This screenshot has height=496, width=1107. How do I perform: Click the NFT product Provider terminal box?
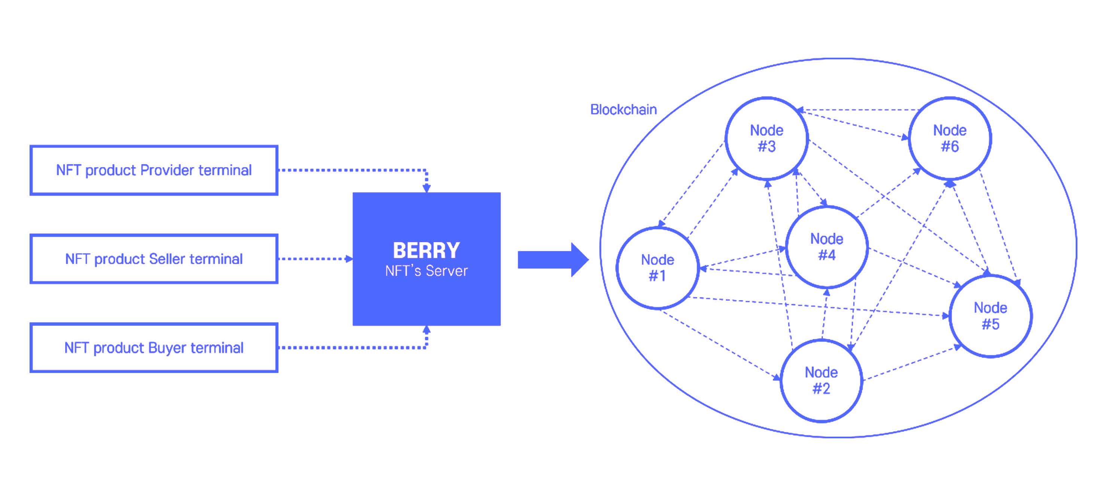[153, 170]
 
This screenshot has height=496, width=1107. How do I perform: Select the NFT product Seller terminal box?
[153, 259]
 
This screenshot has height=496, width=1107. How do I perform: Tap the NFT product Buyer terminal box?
[153, 348]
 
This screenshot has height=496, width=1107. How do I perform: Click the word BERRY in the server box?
[426, 250]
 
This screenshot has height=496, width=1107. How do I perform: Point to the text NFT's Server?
[426, 271]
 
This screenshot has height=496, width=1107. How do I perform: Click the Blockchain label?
[623, 110]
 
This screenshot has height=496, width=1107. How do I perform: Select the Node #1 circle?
[657, 267]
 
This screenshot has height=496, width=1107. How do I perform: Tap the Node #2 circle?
[821, 380]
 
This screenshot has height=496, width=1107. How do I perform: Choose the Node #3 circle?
[767, 138]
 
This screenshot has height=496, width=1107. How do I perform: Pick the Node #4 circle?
[826, 247]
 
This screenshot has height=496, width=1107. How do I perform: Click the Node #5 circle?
[990, 316]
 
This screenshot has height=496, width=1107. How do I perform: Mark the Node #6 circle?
[950, 138]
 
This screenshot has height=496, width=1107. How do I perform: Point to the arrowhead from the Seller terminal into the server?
[349, 259]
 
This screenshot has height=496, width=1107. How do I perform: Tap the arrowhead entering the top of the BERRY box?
[426, 188]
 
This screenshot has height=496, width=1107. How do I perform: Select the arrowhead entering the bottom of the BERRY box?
[426, 330]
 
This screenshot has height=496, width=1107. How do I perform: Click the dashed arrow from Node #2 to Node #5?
[911, 363]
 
